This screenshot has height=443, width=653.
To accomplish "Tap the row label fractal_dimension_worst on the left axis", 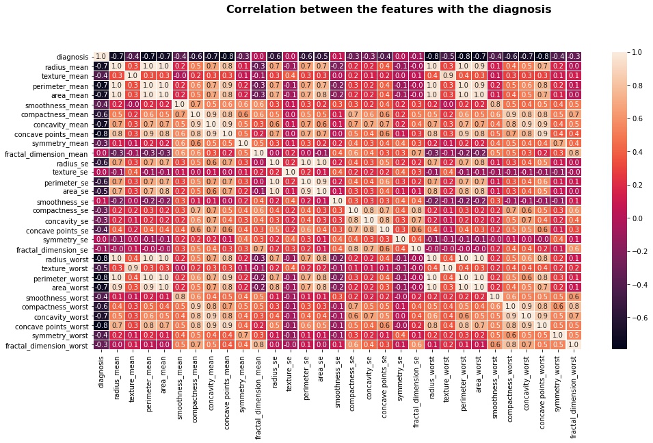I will [x=46, y=345].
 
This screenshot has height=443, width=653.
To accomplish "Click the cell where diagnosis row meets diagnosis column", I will [x=101, y=56].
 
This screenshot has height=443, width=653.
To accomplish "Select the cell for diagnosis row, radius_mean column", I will [x=116, y=56].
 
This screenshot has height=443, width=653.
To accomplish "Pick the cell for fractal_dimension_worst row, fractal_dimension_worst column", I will [x=574, y=345].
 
